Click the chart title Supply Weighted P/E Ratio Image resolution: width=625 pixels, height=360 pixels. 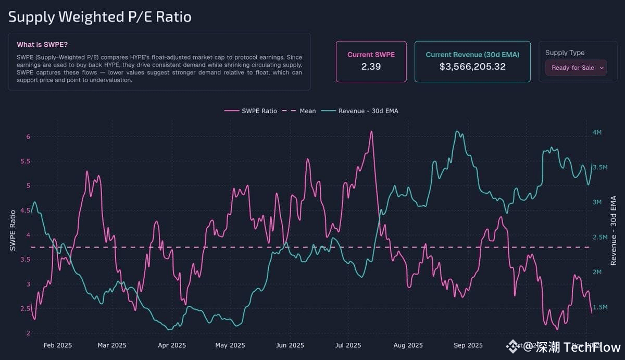(99, 17)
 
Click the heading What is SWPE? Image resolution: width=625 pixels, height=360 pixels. (42, 44)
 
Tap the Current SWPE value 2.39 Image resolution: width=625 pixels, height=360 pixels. (371, 67)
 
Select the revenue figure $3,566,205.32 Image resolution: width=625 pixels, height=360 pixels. (472, 67)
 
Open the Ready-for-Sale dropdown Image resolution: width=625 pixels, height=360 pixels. (576, 68)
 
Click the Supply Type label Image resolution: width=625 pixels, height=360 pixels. (565, 53)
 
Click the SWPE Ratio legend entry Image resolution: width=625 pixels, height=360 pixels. (259, 111)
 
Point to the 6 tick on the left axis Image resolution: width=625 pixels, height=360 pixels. (28, 136)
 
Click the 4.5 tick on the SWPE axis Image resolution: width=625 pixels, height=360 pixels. (25, 210)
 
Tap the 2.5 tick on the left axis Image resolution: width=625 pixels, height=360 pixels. (25, 309)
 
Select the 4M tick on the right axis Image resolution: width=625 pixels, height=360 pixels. (597, 132)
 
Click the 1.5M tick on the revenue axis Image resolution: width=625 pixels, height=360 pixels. (601, 307)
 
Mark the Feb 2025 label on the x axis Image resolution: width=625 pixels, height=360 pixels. (58, 345)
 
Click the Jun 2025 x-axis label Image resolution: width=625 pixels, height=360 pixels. (290, 345)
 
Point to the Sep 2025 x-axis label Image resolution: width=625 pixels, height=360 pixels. (468, 345)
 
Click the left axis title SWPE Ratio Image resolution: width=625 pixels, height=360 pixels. (13, 230)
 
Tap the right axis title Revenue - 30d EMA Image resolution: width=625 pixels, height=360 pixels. (613, 230)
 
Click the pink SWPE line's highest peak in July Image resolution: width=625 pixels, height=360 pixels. (371, 131)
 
